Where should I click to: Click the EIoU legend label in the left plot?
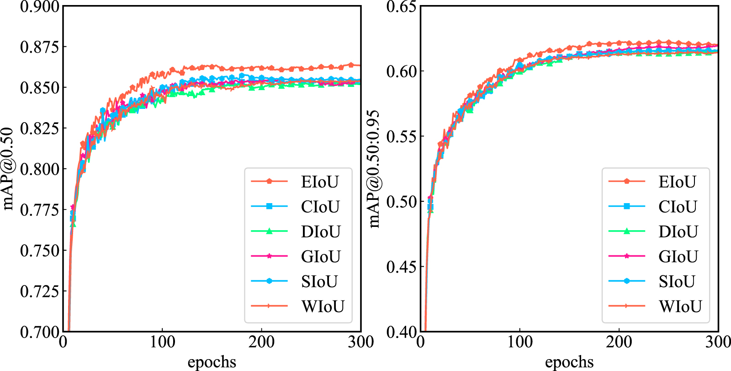pos(319,182)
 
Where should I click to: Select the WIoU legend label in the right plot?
pos(680,306)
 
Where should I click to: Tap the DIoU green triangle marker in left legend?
pos(269,231)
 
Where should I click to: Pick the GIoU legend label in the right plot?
pos(678,257)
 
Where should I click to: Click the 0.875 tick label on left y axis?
pos(40,47)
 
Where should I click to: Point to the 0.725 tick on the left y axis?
pos(40,291)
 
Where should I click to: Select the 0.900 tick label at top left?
pos(40,7)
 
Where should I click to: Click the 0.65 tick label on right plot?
pos(402,7)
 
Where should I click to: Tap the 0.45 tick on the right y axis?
pos(402,267)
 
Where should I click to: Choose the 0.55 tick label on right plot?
pos(402,137)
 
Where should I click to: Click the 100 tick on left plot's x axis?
pos(162,342)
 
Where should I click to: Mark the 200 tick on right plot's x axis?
pos(619,342)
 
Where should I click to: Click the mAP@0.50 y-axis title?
pos(8,169)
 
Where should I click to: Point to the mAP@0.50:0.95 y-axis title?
pos(374,169)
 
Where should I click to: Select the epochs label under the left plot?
pos(212,362)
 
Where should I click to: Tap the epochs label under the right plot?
pos(569,362)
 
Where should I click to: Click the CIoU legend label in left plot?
pos(320,207)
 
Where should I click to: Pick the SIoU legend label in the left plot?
pos(319,281)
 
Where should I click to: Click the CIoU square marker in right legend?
pos(627,206)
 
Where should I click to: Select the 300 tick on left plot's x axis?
pos(360,342)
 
